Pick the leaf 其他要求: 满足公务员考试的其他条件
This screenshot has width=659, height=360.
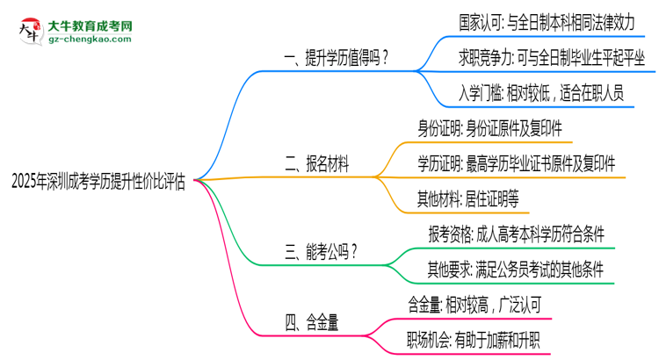[x=515, y=267]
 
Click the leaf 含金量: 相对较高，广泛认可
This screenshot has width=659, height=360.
[x=481, y=302]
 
